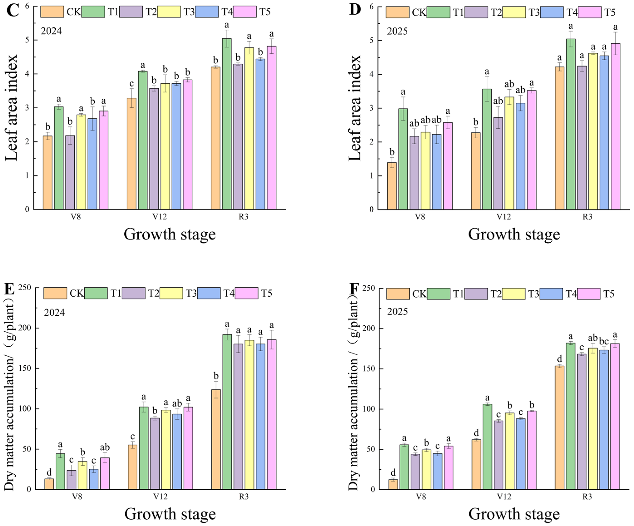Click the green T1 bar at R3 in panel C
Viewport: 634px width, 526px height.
pyautogui.click(x=227, y=124)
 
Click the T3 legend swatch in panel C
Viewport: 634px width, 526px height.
pyautogui.click(x=169, y=12)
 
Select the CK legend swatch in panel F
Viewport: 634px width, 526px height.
pyautogui.click(x=398, y=294)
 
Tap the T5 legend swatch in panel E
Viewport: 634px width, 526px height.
pyautogui.click(x=246, y=293)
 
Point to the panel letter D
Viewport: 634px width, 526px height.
pyautogui.click(x=355, y=10)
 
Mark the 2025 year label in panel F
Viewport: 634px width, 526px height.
pyautogui.click(x=397, y=312)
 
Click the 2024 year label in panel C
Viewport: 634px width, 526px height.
pyautogui.click(x=51, y=31)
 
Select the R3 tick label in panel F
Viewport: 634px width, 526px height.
pyautogui.click(x=587, y=497)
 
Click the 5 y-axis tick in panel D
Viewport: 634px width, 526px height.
pyautogui.click(x=372, y=40)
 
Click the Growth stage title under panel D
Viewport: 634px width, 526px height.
pyautogui.click(x=514, y=234)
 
